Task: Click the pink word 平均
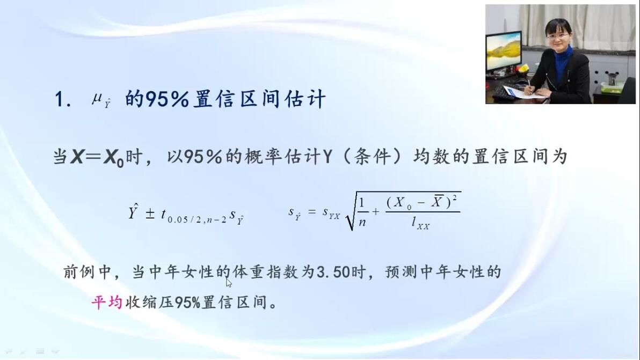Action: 106,303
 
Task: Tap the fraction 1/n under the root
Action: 362,212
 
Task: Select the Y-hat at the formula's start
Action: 133,211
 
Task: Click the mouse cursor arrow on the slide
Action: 229,283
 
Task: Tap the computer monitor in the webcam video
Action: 503,52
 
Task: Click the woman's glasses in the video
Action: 557,36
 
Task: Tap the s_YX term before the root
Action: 331,213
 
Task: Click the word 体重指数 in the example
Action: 265,272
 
